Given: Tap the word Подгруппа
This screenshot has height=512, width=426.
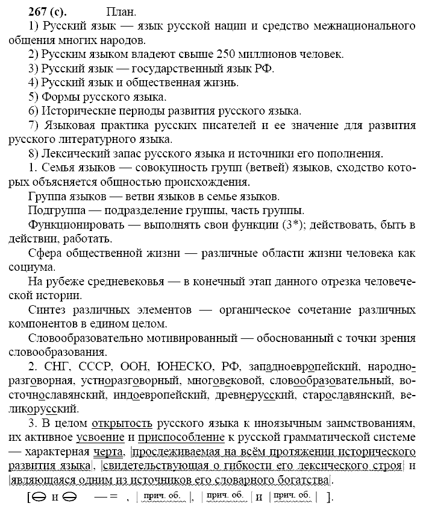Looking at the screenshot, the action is pyautogui.click(x=55, y=210).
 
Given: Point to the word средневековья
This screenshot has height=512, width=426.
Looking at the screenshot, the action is pyautogui.click(x=125, y=281).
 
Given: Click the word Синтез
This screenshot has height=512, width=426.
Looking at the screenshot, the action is pyautogui.click(x=48, y=309).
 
